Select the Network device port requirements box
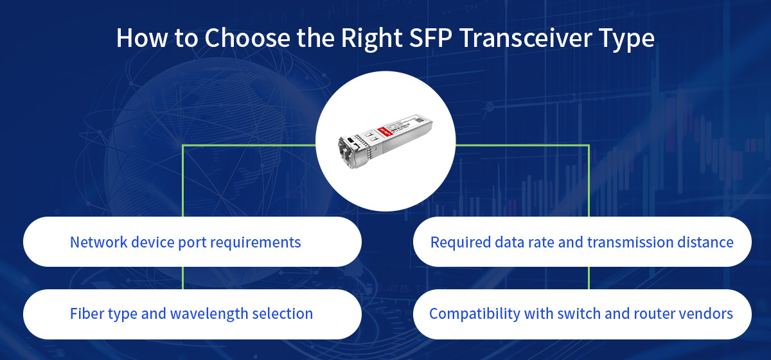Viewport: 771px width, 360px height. (x=192, y=242)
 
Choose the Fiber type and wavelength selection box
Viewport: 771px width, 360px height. (x=192, y=314)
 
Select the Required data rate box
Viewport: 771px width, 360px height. (x=582, y=242)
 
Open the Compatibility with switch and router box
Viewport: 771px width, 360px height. (x=582, y=314)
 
